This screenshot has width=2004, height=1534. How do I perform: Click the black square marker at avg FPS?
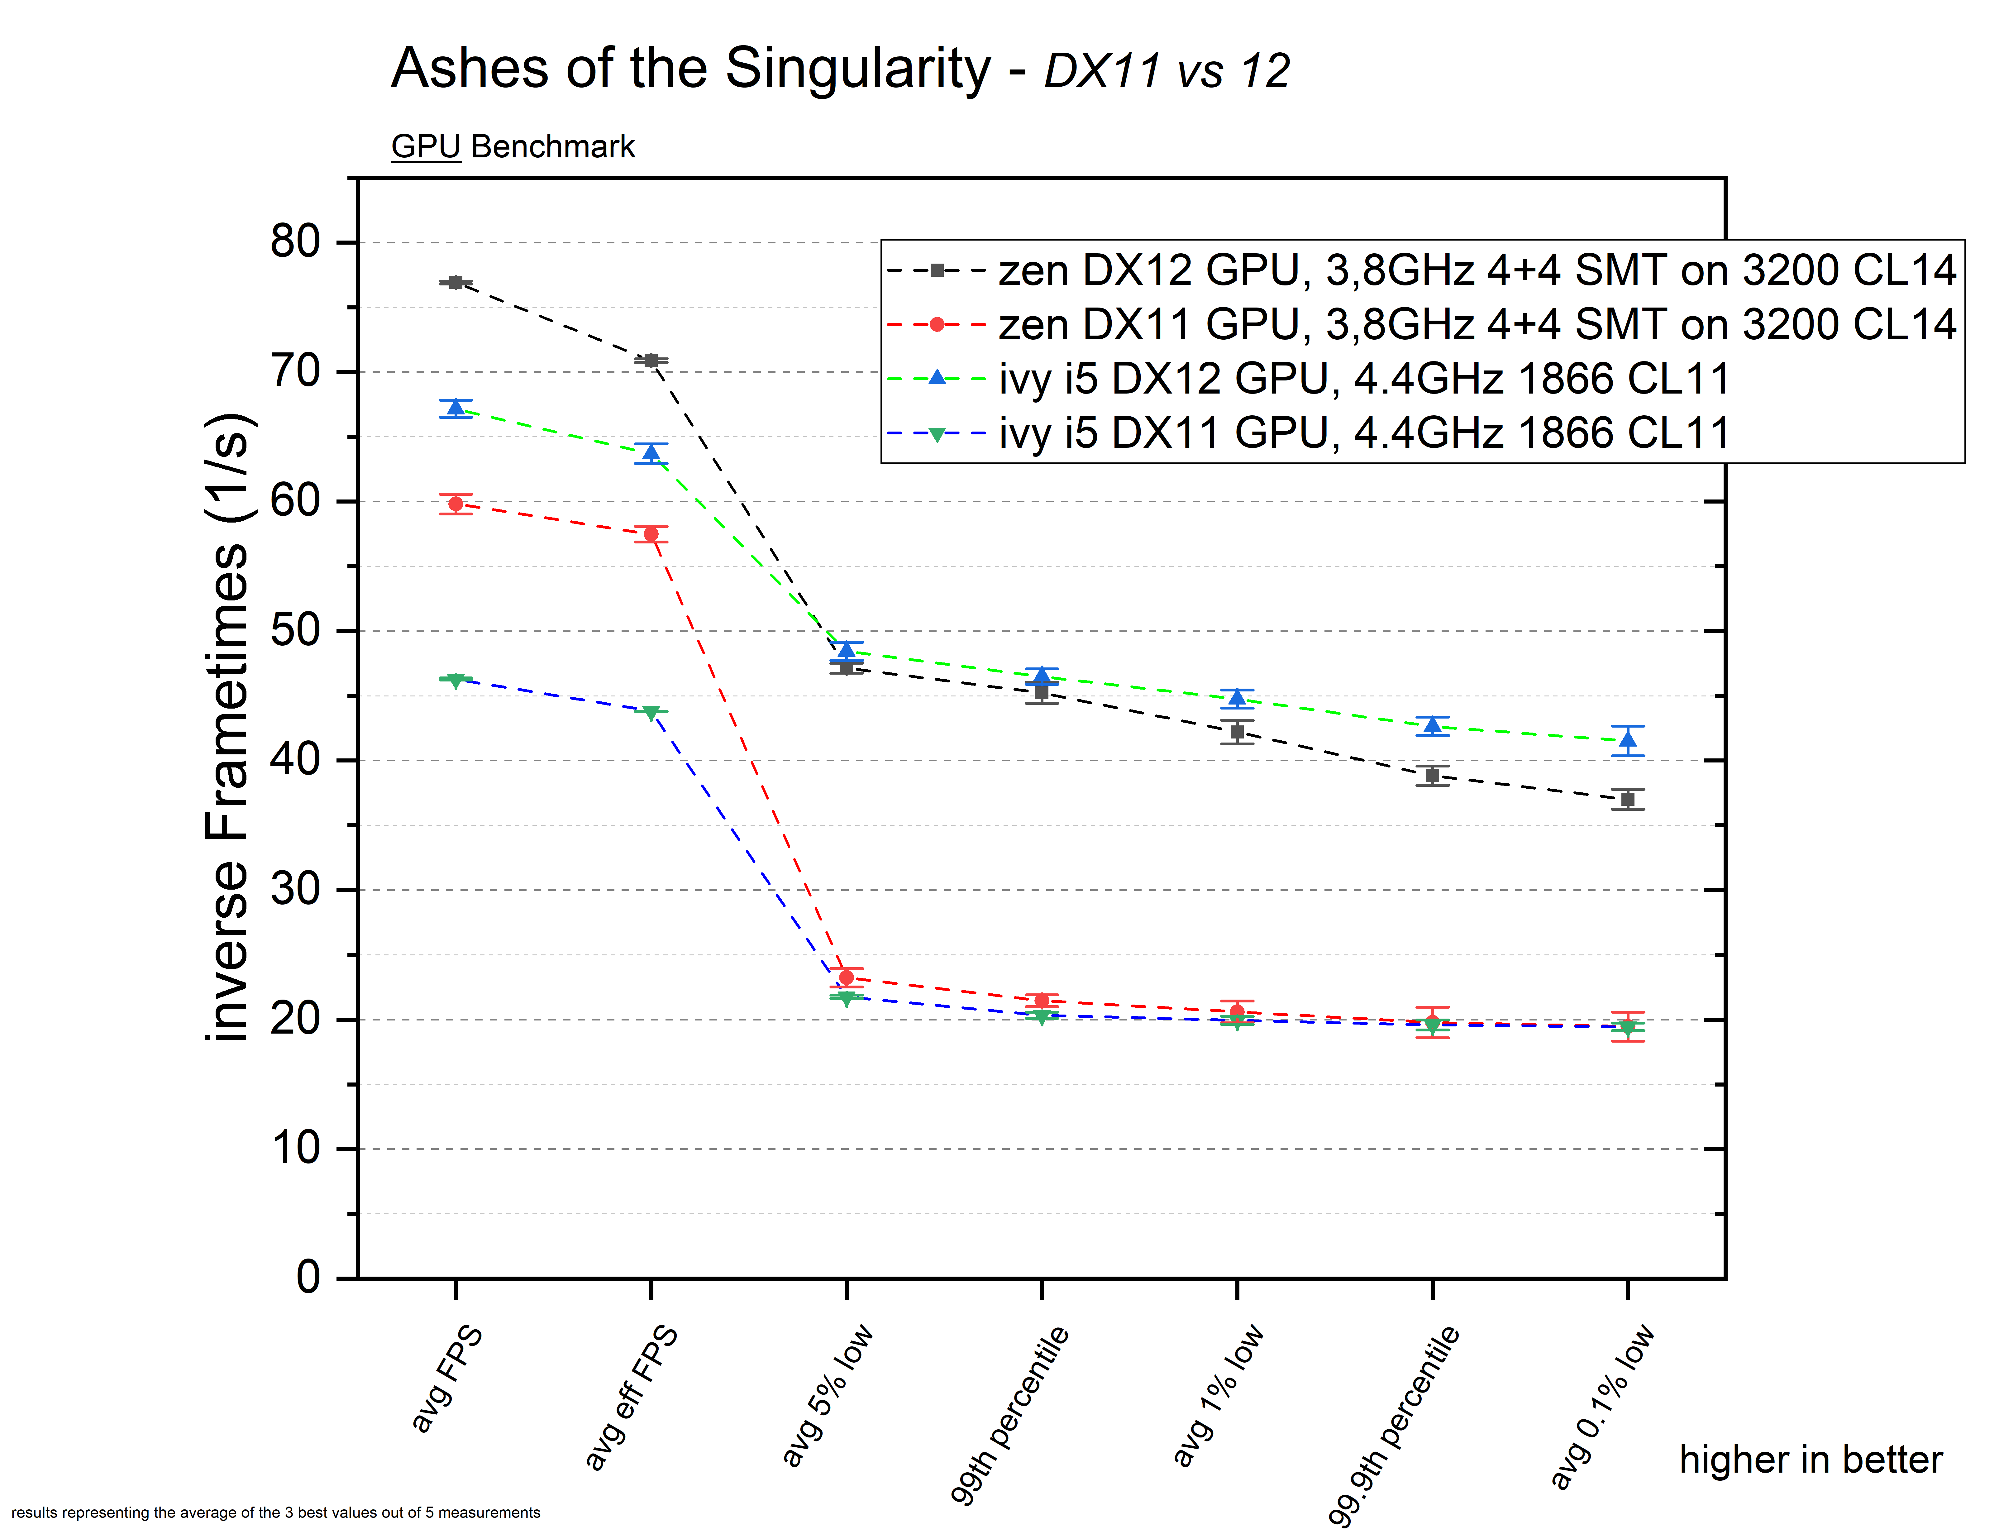pyautogui.click(x=456, y=282)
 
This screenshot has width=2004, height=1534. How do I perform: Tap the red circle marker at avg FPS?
pyautogui.click(x=456, y=503)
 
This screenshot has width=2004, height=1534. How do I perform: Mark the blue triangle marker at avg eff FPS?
pyautogui.click(x=651, y=452)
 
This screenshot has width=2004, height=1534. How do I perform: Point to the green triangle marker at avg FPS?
pyautogui.click(x=456, y=680)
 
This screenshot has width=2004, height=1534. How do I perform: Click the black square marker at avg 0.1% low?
pyautogui.click(x=1628, y=799)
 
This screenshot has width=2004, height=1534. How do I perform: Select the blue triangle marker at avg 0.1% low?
pyautogui.click(x=1628, y=740)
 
